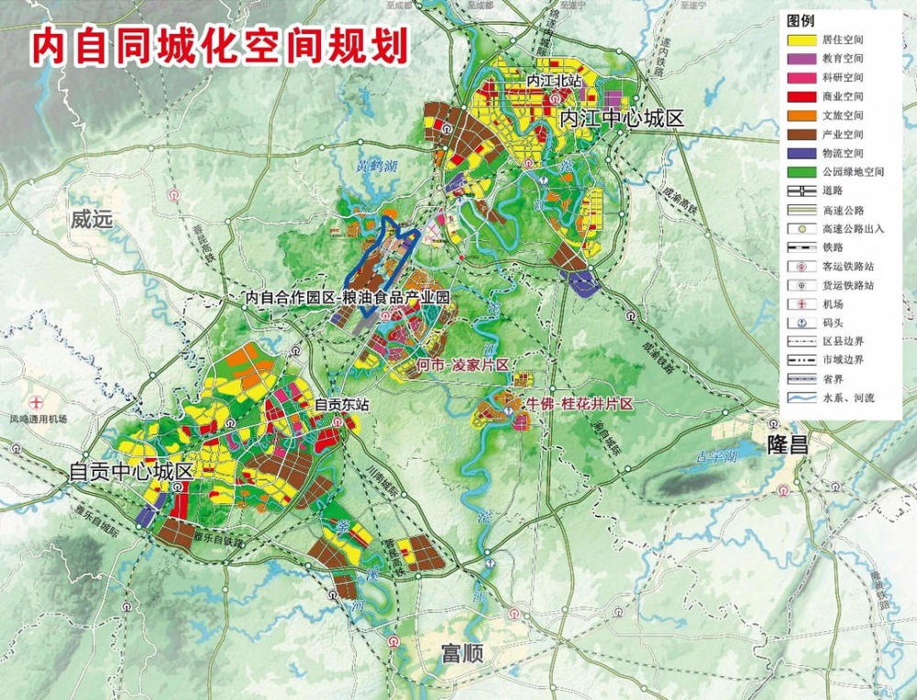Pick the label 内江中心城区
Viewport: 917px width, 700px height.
[623, 118]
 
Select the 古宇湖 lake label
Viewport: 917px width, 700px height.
[715, 455]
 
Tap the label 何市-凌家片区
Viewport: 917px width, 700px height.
[462, 366]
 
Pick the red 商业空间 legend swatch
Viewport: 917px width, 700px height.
[801, 96]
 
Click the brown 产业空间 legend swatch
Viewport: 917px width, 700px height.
[801, 134]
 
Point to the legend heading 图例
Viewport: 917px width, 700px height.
[801, 19]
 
